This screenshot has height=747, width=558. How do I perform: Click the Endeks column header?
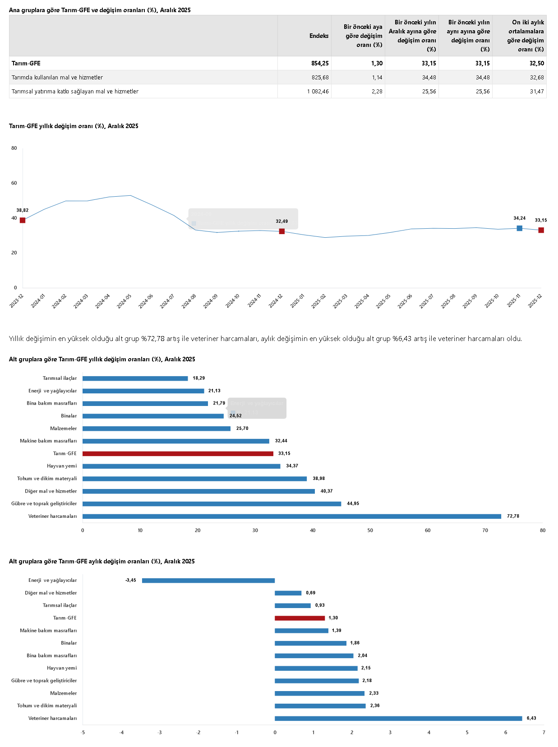pyautogui.click(x=318, y=36)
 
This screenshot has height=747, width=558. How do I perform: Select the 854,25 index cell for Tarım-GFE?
pyautogui.click(x=320, y=63)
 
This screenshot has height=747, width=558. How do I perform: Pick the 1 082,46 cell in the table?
pyautogui.click(x=318, y=91)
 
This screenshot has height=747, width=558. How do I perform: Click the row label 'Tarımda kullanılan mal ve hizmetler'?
pyautogui.click(x=57, y=77)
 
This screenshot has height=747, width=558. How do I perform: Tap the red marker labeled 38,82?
pyautogui.click(x=23, y=220)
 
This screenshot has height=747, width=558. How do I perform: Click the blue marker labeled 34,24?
pyautogui.click(x=519, y=228)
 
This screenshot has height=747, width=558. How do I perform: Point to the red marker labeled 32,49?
pyautogui.click(x=282, y=231)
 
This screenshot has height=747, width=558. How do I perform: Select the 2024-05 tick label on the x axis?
pyautogui.click(x=124, y=301)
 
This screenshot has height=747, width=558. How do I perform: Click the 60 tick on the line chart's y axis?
pyautogui.click(x=14, y=183)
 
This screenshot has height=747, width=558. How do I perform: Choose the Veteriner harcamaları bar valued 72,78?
pyautogui.click(x=291, y=516)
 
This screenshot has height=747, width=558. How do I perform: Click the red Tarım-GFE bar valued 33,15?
pyautogui.click(x=178, y=453)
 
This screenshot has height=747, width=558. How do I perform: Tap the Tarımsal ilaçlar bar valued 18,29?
pyautogui.click(x=135, y=378)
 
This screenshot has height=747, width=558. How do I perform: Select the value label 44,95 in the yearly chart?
pyautogui.click(x=353, y=503)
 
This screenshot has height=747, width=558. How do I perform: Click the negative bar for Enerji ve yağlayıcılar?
pyautogui.click(x=208, y=581)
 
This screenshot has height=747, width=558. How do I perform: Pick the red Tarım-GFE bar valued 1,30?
pyautogui.click(x=300, y=618)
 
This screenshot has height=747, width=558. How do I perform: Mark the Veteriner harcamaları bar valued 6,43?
pyautogui.click(x=398, y=718)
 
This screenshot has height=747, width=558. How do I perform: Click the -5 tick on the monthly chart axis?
pyautogui.click(x=83, y=732)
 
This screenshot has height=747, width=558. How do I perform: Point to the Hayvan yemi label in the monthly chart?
pyautogui.click(x=62, y=668)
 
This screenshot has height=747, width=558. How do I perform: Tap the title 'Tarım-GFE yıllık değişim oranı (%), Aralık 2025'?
pyautogui.click(x=74, y=126)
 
